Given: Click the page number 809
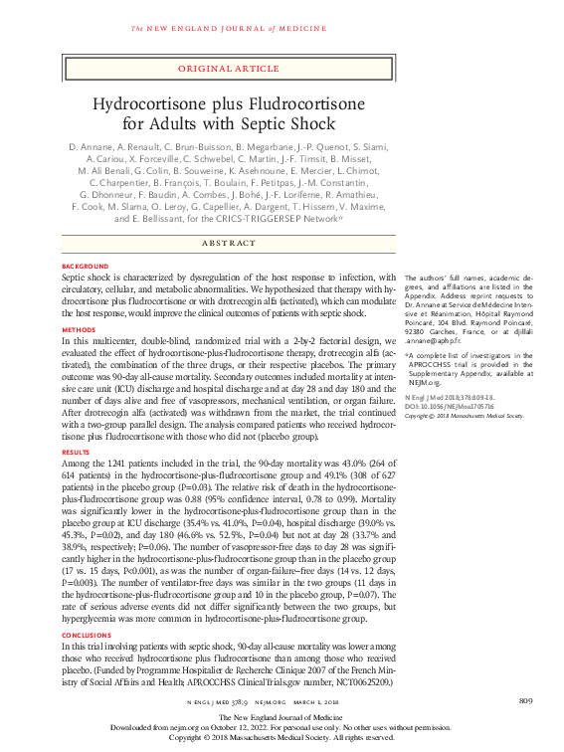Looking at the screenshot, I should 525,703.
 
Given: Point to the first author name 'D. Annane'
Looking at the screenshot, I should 90,146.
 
